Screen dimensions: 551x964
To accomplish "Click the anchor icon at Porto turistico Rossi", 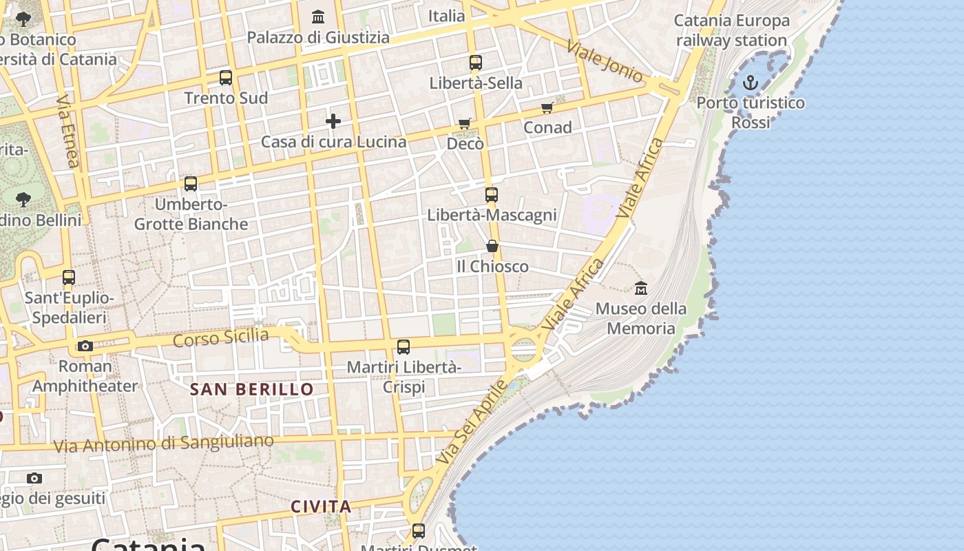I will click(x=750, y=83).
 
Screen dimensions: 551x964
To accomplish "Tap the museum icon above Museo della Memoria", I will click(x=641, y=288).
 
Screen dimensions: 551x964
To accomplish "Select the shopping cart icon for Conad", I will click(x=547, y=107).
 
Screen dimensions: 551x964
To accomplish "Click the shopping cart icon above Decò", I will click(x=465, y=124).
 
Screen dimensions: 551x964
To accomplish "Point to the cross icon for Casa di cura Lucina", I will click(x=333, y=122).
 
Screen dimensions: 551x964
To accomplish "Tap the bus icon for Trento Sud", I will click(x=226, y=78).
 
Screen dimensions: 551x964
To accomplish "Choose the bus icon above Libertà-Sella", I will click(x=475, y=63).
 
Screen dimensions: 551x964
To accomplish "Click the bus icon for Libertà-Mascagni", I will click(x=491, y=195).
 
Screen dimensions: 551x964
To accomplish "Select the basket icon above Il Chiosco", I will click(x=492, y=246).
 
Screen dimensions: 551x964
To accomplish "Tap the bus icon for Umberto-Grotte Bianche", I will click(x=191, y=184).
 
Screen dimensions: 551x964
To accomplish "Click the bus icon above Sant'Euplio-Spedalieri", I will click(x=69, y=278).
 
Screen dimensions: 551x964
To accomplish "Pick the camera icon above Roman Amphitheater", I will click(x=85, y=346).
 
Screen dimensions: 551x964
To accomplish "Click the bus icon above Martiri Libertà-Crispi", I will click(x=404, y=347).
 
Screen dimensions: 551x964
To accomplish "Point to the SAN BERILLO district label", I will click(x=252, y=389).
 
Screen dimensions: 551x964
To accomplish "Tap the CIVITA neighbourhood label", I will click(x=321, y=507).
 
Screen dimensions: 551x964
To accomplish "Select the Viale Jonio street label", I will click(x=605, y=61).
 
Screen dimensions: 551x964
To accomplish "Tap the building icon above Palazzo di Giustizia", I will click(x=318, y=17).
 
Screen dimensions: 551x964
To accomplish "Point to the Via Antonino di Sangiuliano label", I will click(x=163, y=443).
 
